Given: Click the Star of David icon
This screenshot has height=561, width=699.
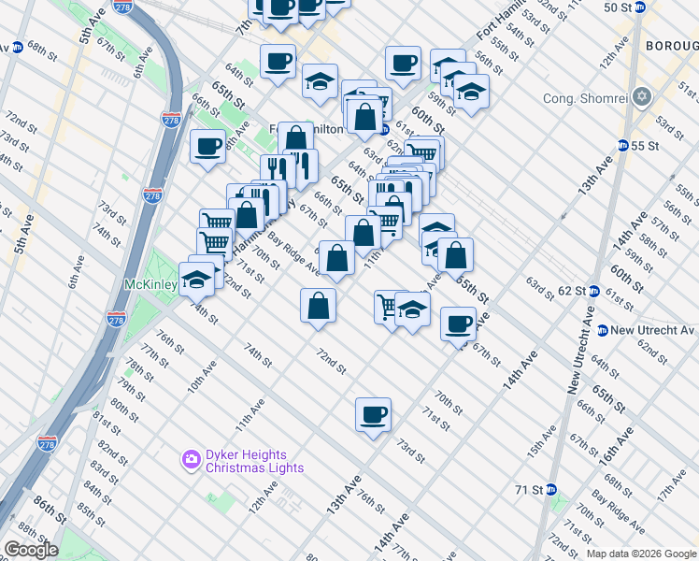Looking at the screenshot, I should click(x=642, y=97).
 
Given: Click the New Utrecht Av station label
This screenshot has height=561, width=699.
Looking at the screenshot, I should click(x=653, y=330).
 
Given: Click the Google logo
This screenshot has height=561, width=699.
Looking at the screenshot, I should click(x=31, y=549).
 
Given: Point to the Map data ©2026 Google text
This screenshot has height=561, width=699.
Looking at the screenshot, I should click(x=640, y=554).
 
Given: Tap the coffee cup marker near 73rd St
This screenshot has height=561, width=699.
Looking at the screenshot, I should click(x=373, y=413).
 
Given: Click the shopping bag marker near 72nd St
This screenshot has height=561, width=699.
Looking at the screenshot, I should click(x=318, y=305).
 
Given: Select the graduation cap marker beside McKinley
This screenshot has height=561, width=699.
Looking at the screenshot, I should click(x=198, y=279).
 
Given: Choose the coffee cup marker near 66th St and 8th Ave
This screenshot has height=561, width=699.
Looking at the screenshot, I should click(x=207, y=146).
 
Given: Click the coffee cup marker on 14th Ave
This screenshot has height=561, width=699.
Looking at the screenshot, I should click(x=458, y=324).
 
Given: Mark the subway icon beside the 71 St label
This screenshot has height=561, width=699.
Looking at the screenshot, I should click(x=551, y=489).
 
